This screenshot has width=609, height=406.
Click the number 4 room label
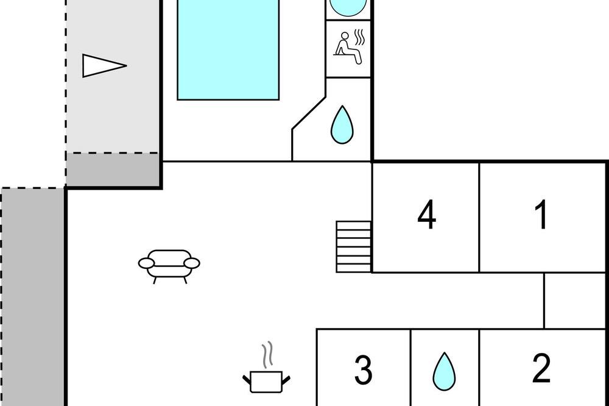[x=426, y=215]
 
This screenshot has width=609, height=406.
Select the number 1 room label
[x=541, y=215]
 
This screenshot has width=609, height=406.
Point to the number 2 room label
[x=541, y=368]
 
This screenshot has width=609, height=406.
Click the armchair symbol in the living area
[x=169, y=266]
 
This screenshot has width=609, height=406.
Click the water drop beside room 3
[x=444, y=371]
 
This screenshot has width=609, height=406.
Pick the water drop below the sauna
[x=342, y=124]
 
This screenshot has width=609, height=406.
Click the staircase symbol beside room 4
[x=354, y=246]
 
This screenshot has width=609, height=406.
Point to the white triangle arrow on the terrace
[x=104, y=66]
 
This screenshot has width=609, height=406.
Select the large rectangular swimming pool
[x=228, y=50]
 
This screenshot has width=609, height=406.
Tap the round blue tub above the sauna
[x=348, y=7]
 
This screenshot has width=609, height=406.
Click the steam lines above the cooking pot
[x=267, y=355]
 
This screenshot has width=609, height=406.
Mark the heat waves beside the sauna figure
[x=359, y=38]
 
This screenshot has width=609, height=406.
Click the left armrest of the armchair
[x=146, y=263]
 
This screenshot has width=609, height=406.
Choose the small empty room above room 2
[x=575, y=301]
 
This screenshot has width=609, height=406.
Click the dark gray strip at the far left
[x=33, y=297]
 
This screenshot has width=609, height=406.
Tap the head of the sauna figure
[x=343, y=36]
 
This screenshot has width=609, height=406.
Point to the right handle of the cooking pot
[x=286, y=379]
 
